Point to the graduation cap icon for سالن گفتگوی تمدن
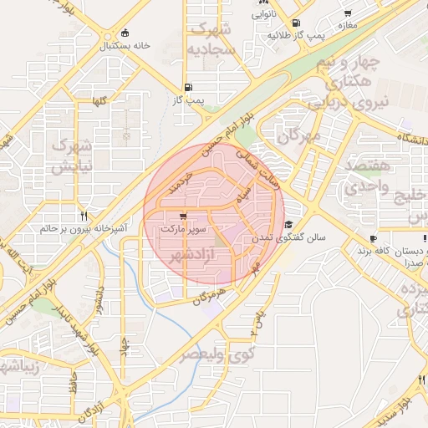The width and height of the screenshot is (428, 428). [x=288, y=224]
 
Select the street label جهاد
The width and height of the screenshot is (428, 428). [x=125, y=345]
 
